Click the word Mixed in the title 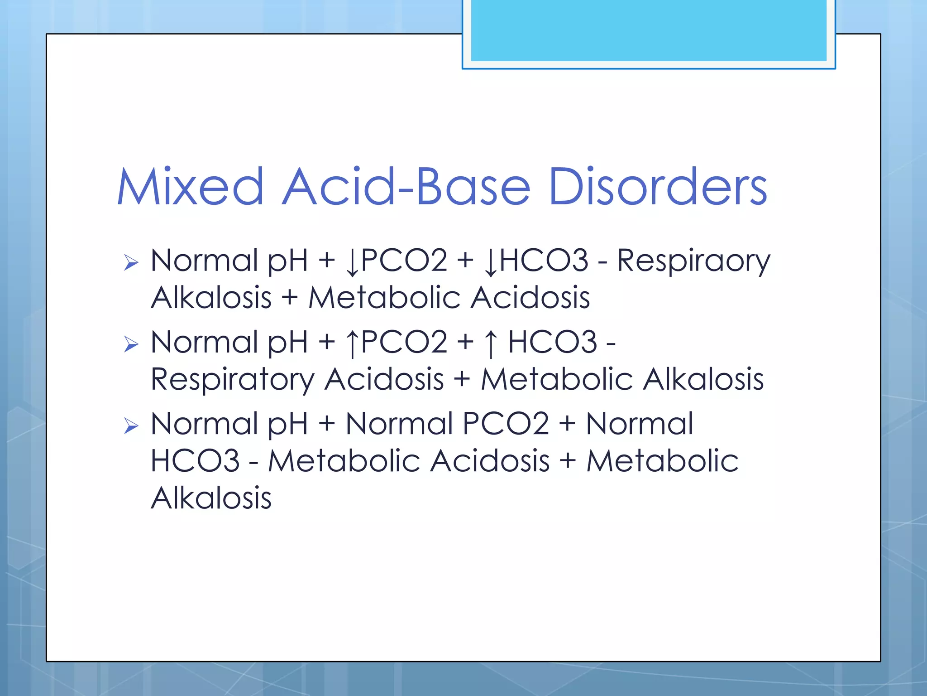190,187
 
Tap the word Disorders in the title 658,187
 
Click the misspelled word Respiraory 693,261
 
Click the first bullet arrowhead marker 131,262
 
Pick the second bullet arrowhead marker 131,344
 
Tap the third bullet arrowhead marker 131,426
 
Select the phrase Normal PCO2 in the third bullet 447,424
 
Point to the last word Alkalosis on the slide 211,498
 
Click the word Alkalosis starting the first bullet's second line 211,298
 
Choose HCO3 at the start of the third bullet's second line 195,461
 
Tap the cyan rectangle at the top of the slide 648,30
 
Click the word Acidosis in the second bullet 384,380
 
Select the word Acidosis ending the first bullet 530,298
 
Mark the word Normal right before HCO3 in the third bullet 639,424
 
